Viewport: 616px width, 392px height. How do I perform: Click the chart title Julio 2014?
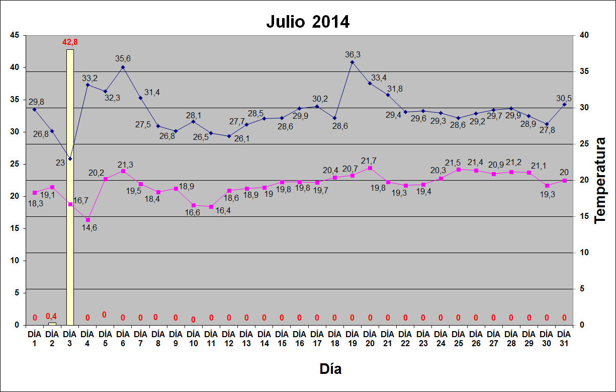308,22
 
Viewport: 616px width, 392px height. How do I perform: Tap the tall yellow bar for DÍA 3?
70,186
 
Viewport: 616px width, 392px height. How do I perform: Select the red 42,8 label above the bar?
70,42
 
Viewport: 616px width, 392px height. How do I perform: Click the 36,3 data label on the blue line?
353,54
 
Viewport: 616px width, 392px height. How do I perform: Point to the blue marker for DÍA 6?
123,67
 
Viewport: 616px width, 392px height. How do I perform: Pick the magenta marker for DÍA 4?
88,220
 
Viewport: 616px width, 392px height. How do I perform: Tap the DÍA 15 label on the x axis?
282,337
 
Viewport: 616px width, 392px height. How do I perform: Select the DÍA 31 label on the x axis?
564,337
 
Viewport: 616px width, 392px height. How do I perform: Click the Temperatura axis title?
600,180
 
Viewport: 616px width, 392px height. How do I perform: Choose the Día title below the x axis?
330,369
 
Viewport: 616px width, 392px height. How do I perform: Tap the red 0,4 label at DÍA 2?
52,316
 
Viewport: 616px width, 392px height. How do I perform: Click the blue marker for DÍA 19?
352,62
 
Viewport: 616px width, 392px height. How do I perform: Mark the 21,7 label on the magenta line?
369,161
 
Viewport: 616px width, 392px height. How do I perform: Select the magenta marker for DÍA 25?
458,170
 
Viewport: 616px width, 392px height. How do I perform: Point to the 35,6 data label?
123,58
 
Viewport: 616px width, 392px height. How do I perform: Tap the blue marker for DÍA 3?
70,159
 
